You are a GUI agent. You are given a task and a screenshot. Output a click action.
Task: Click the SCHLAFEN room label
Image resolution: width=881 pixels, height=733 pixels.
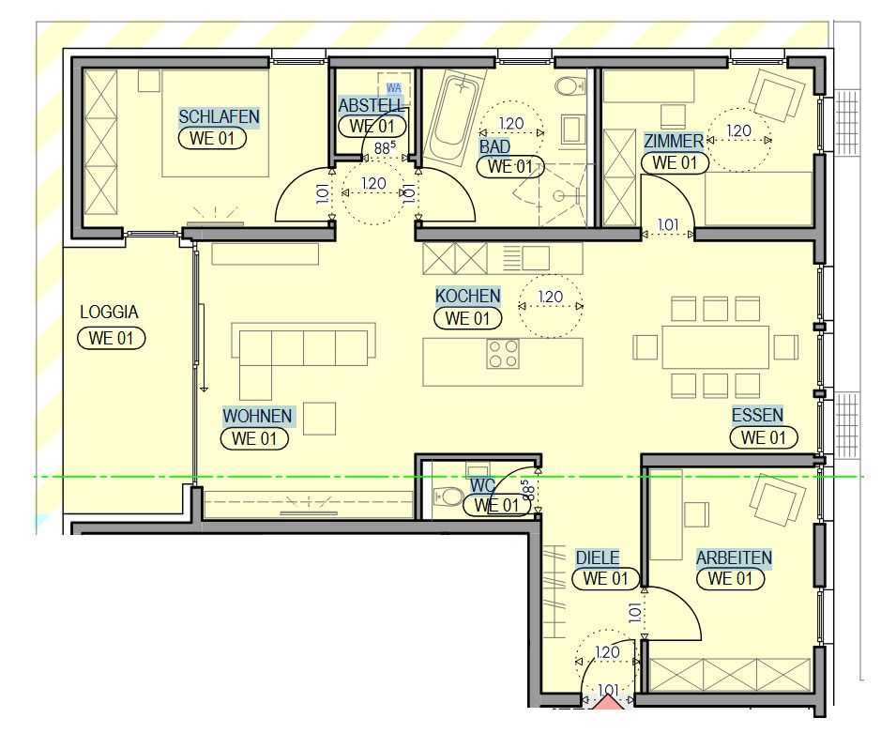point(219,117)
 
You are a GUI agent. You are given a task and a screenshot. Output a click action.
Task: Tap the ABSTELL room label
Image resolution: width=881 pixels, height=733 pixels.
point(372,105)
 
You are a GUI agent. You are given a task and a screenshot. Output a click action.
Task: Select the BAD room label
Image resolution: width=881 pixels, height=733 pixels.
point(495,147)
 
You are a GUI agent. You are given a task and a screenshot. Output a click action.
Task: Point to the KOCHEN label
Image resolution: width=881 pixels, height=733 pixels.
point(467,297)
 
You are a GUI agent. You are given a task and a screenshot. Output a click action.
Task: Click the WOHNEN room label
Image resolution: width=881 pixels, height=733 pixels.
point(257,416)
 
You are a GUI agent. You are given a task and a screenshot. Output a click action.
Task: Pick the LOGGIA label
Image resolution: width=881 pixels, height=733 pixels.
point(109,313)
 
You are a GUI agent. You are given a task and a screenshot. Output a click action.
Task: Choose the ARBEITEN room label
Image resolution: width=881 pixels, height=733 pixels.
point(734,557)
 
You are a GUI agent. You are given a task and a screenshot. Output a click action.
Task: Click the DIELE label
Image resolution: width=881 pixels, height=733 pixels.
point(597,557)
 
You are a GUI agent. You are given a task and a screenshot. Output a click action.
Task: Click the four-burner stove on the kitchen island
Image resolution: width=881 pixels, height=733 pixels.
point(503,354)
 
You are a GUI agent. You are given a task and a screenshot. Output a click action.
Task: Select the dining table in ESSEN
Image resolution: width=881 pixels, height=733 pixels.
point(715,346)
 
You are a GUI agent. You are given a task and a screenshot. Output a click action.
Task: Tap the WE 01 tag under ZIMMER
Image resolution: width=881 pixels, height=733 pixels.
point(674,161)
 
